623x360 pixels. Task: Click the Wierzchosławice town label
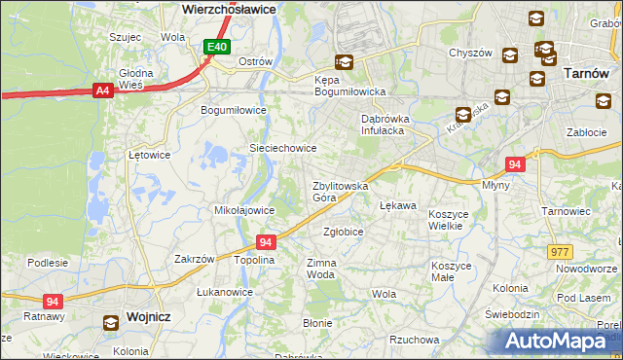pos(230,7)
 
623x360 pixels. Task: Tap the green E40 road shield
pos(216,47)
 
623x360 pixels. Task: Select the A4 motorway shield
pos(101,90)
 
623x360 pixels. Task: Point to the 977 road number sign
pos(559,251)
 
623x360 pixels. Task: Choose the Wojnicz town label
pos(149,317)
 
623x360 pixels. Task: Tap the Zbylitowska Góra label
pos(338,191)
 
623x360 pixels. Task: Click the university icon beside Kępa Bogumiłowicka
pos(343,62)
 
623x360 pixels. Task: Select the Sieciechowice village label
pos(283,148)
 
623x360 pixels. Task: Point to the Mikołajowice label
pos(243,210)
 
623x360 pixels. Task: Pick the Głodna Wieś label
pos(135,78)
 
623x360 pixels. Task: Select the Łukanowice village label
pos(225,292)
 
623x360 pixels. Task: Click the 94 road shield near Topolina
pos(266,241)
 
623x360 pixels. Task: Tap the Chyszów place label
pos(469,54)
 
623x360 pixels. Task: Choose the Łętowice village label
pos(150,155)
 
